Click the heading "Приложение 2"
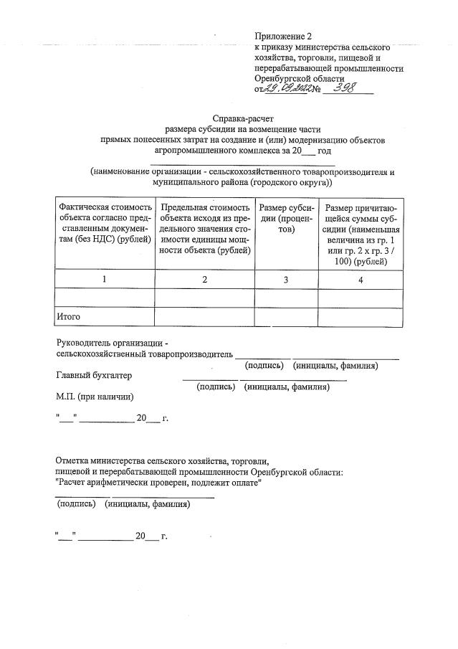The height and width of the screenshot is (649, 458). coord(284,35)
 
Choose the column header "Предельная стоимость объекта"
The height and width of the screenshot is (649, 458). coord(204,228)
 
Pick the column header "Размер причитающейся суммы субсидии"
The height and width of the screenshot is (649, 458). coord(360,234)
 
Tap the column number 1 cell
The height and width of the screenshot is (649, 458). coord(105,280)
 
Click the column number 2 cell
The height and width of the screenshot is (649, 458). coord(204,280)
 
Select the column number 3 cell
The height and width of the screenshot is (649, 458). coord(285,280)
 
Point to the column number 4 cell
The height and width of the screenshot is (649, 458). coord(361,280)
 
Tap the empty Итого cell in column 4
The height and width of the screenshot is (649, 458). coord(361,316)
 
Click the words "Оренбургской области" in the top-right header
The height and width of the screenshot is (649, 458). coord(300,78)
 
